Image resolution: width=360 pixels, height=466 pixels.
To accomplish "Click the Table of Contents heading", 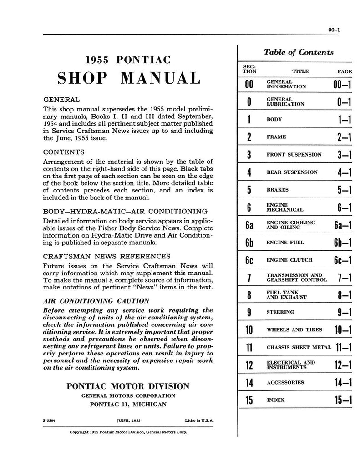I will coord(299,52).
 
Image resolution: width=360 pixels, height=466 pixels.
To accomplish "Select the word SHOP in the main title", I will coord(82,78).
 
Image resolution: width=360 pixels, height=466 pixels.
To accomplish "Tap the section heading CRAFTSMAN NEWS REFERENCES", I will coord(106,256).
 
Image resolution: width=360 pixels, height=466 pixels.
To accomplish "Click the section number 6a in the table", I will coord(249,225).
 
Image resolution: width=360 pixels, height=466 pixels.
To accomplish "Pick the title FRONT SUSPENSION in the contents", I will coord(294,155).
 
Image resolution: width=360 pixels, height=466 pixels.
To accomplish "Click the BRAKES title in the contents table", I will coord(278,190).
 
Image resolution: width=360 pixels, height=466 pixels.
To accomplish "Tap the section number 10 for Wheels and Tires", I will coord(249,330).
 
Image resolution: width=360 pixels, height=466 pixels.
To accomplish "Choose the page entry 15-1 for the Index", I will coord(341,400).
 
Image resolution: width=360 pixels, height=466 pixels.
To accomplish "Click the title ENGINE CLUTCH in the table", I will coord(289,260).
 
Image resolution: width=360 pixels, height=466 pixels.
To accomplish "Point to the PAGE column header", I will coord(344,71).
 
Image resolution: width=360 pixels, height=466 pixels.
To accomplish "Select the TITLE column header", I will coord(300,71).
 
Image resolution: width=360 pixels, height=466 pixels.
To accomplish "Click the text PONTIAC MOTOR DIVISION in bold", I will coord(128,386).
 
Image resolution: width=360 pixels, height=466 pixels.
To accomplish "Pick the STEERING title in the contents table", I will coord(280,313).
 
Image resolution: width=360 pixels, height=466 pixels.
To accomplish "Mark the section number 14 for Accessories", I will coord(249,383).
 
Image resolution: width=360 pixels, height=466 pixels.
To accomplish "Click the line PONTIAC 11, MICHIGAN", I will coord(128,404).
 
